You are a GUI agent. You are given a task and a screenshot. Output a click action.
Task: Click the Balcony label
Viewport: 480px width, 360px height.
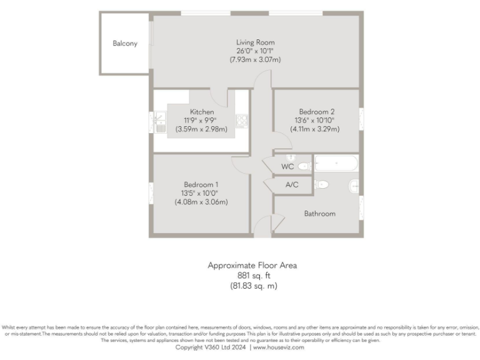point(125,44)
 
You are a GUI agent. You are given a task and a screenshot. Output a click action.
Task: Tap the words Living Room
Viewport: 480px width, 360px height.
point(255,42)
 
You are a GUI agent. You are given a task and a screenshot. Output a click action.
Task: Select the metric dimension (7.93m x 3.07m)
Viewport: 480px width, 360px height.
point(255,60)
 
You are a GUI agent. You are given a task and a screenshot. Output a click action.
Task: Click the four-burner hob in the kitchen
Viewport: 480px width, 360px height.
point(241,122)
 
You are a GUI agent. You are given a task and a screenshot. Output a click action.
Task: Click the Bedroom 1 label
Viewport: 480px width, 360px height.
point(201,184)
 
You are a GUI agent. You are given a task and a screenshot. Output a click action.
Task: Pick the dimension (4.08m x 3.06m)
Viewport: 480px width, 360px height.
point(201,202)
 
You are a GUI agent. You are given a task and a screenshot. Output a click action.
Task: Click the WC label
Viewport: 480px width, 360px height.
point(287,167)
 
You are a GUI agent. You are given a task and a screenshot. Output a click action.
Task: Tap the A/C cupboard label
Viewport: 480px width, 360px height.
point(292,185)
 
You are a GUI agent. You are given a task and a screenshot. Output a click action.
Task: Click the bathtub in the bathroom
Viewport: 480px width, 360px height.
point(336,164)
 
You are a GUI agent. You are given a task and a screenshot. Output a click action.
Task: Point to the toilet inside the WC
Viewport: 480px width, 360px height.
point(304,166)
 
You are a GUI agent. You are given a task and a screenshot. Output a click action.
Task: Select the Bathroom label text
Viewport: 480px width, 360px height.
point(319,214)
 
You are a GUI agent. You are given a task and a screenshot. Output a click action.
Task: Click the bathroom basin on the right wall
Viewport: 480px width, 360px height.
point(354,185)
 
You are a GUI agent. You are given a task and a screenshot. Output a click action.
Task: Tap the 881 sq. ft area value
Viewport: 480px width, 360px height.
point(252,276)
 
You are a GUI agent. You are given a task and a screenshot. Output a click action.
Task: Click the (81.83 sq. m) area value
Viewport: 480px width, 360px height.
point(252,286)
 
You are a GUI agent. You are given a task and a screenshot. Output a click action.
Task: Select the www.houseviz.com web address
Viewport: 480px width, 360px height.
point(278,347)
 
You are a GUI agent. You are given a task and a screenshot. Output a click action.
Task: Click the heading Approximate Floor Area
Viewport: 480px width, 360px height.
point(252,265)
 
